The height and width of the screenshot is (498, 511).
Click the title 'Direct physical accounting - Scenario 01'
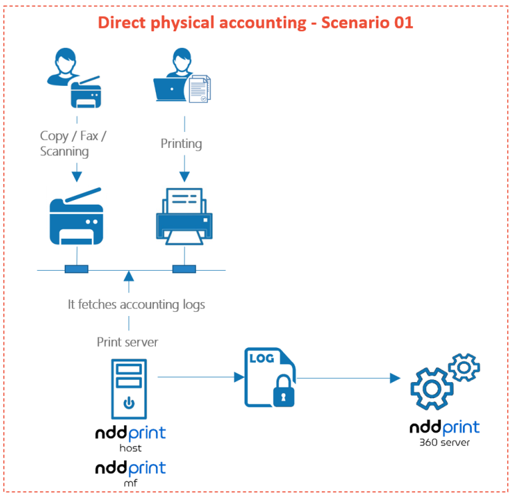(x=255, y=22)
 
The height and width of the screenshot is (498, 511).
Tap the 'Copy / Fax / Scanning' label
(x=73, y=143)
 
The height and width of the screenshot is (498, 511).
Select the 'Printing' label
(x=181, y=143)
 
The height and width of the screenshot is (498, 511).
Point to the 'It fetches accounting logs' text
(x=136, y=304)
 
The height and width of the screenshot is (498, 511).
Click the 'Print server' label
(x=128, y=342)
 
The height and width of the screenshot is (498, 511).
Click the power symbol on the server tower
(x=129, y=403)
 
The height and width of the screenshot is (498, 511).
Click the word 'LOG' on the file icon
(x=261, y=358)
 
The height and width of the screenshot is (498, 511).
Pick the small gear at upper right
(x=464, y=366)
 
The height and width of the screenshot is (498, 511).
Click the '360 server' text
(x=444, y=441)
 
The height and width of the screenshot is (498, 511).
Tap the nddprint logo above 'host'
(x=130, y=434)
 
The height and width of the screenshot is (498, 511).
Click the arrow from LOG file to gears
(x=346, y=378)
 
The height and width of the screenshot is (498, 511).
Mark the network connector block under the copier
(x=76, y=269)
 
